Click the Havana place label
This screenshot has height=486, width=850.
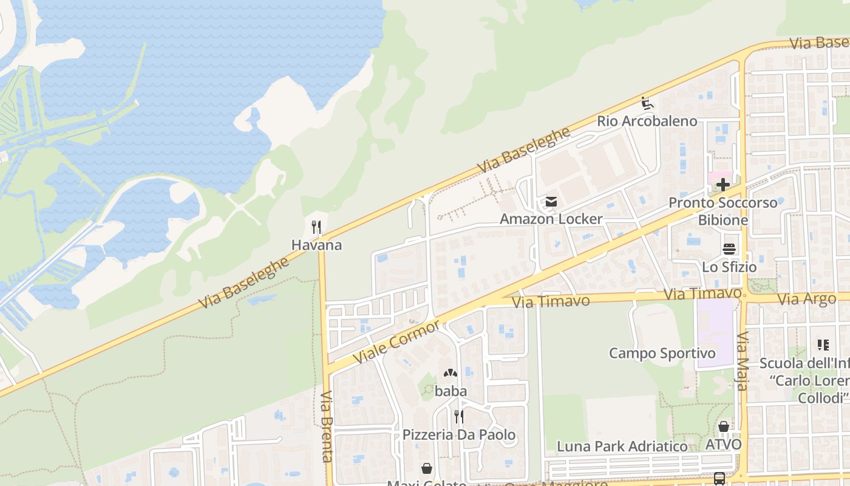coord(316,245)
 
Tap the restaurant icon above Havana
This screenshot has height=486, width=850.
coord(316,227)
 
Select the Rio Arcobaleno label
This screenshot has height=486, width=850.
coord(647,121)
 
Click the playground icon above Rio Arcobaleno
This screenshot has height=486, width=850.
coord(647,103)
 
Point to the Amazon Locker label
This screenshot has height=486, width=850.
coord(551,219)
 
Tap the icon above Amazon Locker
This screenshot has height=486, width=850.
coord(551,201)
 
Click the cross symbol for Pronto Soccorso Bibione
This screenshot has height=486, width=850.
coord(722,185)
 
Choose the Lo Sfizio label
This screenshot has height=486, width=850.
coord(729,267)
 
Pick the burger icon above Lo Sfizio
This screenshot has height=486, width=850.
coord(729,249)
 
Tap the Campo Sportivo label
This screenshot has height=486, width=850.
coord(662,353)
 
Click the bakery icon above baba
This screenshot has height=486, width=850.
coord(450,373)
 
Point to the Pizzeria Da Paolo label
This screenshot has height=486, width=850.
coord(459,435)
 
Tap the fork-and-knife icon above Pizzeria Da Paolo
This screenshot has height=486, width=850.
coord(459,417)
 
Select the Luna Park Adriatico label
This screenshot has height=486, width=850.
coord(622,447)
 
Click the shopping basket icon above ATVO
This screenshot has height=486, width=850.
coord(723,426)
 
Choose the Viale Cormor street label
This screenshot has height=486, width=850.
coord(396,342)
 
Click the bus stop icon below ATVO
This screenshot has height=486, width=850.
coord(719,479)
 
